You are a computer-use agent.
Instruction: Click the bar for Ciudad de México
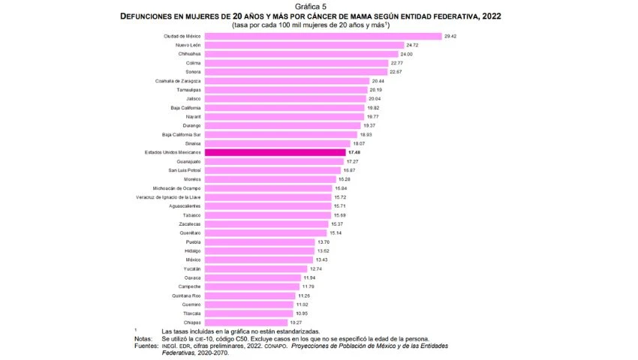[323, 36]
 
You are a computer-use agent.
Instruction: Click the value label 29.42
[451, 36]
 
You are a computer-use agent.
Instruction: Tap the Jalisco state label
[193, 98]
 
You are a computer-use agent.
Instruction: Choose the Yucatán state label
[192, 268]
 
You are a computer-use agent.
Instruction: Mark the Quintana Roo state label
[186, 295]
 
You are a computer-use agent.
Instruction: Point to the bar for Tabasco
[267, 214]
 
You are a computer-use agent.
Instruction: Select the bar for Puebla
[260, 241]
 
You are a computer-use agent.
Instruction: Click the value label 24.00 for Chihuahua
[406, 54]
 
